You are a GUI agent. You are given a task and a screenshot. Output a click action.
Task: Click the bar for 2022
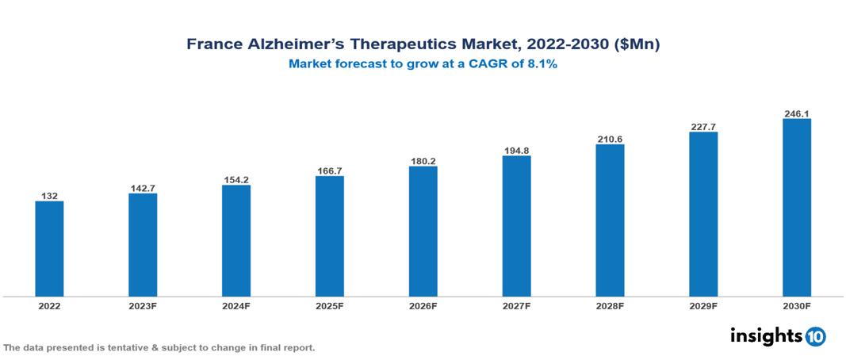[49, 249]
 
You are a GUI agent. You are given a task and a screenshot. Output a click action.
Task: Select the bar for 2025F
[329, 236]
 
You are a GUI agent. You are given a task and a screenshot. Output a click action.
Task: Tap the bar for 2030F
[796, 208]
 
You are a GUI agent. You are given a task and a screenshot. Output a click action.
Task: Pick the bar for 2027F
[516, 226]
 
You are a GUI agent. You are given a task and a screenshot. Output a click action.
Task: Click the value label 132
[49, 195]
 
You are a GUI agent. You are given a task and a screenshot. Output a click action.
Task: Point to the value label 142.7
[143, 188]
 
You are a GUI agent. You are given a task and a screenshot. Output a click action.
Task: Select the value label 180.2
[423, 161]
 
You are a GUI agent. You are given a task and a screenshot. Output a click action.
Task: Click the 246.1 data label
[796, 113]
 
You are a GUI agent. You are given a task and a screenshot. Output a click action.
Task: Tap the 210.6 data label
[610, 139]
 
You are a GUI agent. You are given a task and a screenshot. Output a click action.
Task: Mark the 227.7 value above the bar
[703, 126]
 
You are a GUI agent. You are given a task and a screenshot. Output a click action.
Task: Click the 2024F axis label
[235, 305]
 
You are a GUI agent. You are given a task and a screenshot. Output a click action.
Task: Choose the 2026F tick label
[423, 305]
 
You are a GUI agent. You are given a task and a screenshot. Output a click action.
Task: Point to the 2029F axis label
[703, 305]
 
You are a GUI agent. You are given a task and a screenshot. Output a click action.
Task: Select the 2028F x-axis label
[610, 305]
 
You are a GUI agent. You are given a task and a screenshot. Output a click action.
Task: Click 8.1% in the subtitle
[542, 64]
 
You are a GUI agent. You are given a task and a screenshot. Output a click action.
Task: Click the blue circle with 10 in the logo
[815, 336]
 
